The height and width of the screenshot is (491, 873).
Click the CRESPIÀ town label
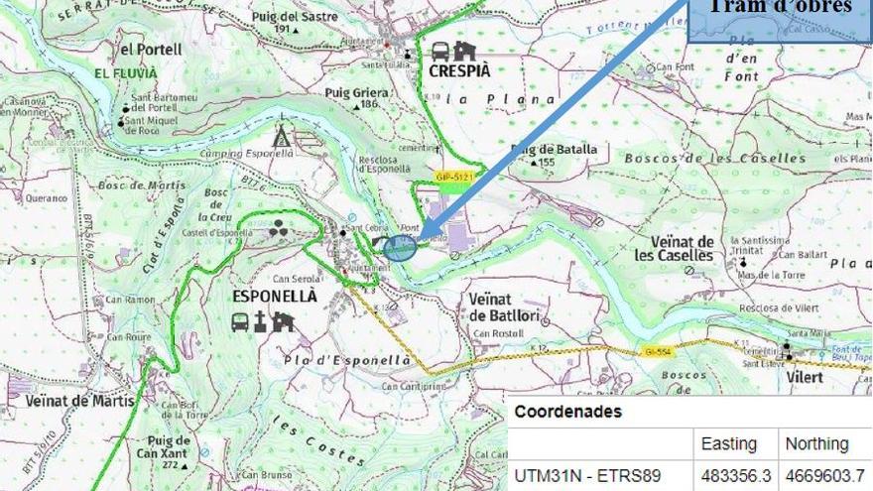(x=460, y=71)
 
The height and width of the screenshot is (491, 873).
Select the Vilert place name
(x=806, y=377)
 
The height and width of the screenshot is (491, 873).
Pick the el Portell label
(x=151, y=49)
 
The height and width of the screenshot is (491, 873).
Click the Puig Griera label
(x=352, y=92)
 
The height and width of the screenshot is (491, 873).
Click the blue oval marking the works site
(x=400, y=248)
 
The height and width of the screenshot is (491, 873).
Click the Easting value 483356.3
(x=736, y=475)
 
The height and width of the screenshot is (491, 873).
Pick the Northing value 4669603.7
(x=823, y=475)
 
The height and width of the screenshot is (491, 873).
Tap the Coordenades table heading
(x=568, y=412)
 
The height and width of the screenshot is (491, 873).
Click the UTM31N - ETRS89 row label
(x=587, y=475)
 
